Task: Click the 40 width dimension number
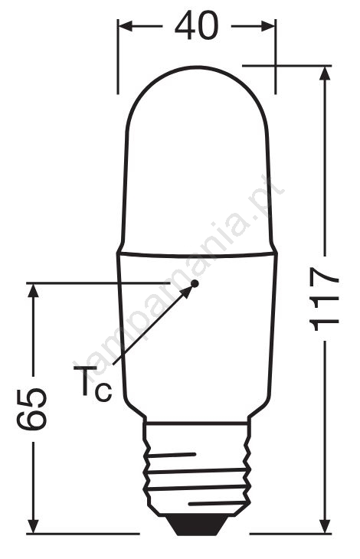tap(196, 25)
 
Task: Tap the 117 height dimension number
tap(324, 299)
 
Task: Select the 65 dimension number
tap(31, 408)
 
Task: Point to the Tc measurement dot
tap(195, 283)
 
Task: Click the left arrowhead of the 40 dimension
tap(125, 26)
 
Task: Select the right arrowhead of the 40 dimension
tap(268, 26)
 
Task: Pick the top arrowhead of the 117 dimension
tap(325, 74)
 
